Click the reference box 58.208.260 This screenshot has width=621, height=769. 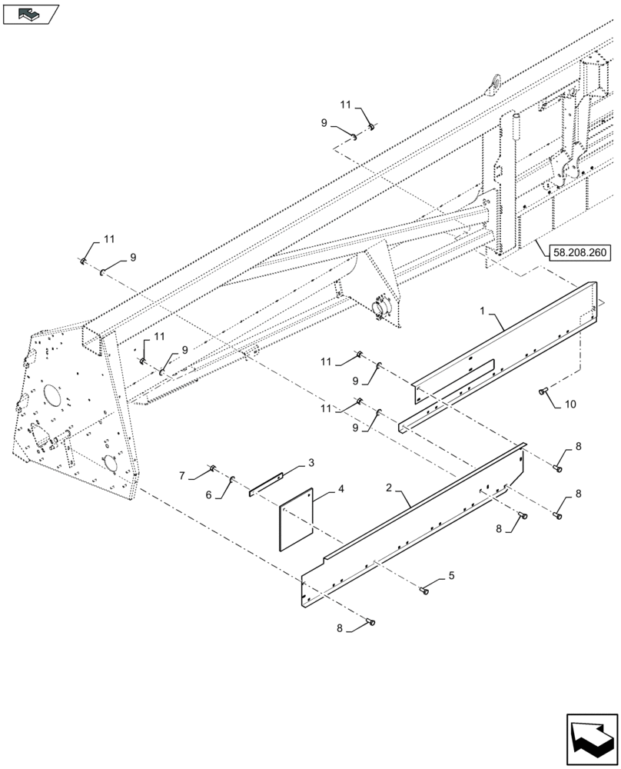pos(580,251)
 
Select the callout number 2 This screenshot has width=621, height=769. pos(390,488)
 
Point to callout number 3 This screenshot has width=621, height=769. pos(310,463)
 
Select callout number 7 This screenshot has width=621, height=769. pos(569,403)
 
